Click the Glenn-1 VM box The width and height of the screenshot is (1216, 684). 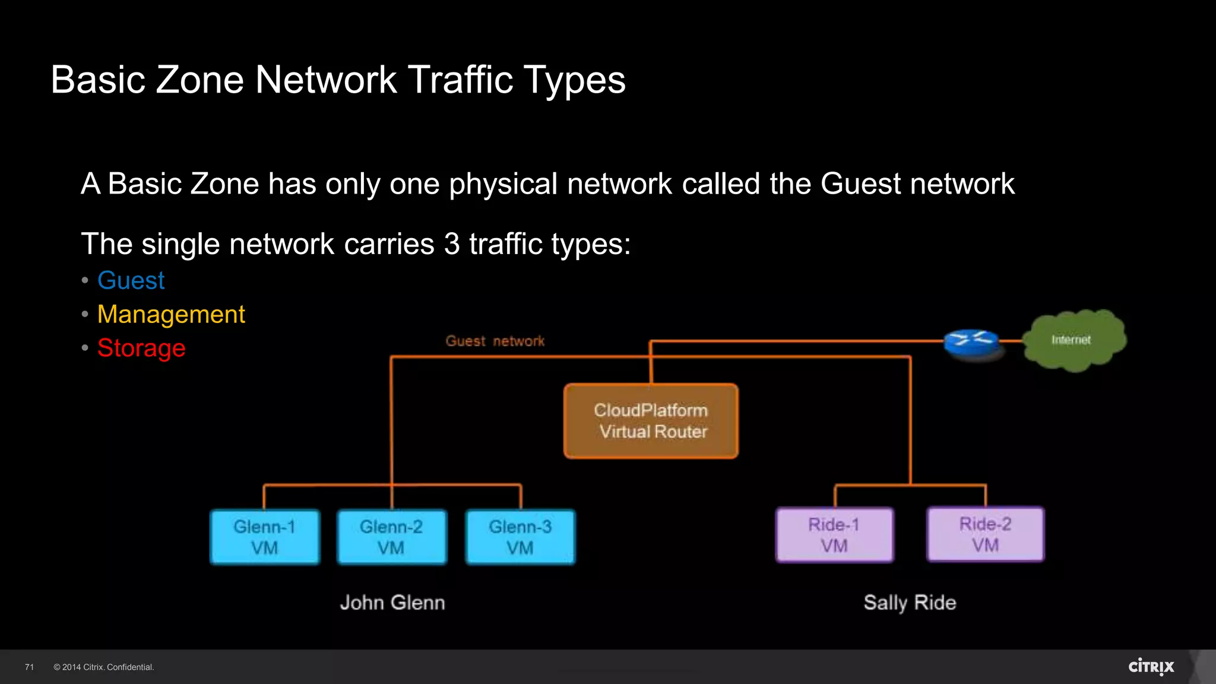coord(265,537)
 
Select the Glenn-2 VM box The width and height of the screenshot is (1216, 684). coord(392,537)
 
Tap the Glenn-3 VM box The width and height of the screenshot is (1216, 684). coord(520,537)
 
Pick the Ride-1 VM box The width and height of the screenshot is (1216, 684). coord(834,535)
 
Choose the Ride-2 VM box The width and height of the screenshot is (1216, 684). coord(986,534)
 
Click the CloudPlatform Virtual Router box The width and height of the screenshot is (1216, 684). coord(651,421)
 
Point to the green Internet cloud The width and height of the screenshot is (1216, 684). coord(1074,340)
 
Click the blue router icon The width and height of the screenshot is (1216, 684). coord(972,341)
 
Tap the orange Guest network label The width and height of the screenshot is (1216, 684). coord(495,341)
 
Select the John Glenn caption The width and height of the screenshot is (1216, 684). coord(392,603)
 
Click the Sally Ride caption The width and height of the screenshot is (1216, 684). coord(910,603)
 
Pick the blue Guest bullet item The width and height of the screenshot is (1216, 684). coord(131,280)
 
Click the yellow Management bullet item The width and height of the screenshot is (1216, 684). coord(171,314)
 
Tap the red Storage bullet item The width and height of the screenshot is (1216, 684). coord(141,348)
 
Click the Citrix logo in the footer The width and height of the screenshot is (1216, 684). coord(1151,667)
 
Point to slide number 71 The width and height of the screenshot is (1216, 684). coord(30,667)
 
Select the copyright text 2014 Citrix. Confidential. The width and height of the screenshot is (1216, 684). coord(104,667)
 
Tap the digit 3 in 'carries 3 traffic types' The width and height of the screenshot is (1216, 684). coord(452,244)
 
